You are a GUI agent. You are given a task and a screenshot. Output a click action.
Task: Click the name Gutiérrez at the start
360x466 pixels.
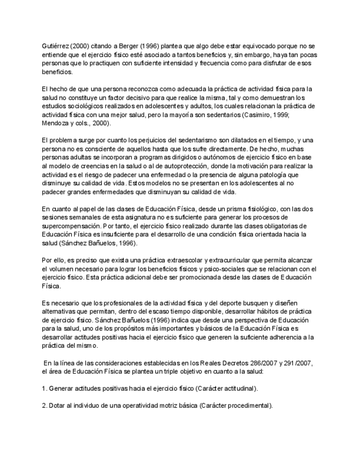point(54,46)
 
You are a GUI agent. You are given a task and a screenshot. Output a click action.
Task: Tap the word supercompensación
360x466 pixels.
point(73,226)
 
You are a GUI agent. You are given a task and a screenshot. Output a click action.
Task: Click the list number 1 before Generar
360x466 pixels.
point(43,389)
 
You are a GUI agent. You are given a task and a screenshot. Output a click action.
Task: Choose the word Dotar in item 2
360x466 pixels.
point(58,406)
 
